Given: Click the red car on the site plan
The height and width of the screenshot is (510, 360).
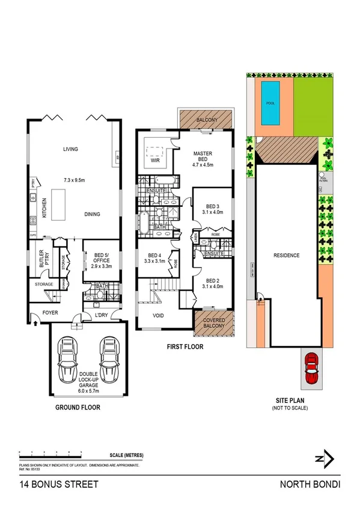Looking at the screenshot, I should [311, 369].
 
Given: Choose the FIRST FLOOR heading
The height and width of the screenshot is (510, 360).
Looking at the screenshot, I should [185, 347].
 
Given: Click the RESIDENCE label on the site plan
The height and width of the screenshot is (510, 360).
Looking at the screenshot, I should [286, 255].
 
